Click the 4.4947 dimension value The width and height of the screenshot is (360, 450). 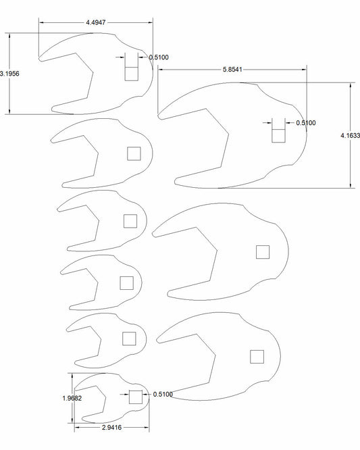click(95, 23)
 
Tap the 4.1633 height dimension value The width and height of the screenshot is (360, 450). click(350, 136)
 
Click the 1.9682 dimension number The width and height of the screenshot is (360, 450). click(71, 399)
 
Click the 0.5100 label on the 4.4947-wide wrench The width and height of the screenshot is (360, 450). click(159, 58)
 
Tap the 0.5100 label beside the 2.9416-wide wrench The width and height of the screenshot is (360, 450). click(163, 395)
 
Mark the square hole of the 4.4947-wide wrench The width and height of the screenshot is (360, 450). click(132, 72)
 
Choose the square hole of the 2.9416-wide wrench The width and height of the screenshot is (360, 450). click(136, 397)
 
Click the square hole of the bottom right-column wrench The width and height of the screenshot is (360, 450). click(256, 356)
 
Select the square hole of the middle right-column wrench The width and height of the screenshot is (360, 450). click(263, 252)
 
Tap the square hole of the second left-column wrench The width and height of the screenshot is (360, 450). click(134, 153)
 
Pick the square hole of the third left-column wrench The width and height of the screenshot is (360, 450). click(130, 220)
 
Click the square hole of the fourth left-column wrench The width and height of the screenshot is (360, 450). click(126, 282)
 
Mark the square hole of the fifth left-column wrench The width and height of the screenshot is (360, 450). click(129, 338)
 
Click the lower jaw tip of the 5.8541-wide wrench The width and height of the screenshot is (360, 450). click(176, 181)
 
